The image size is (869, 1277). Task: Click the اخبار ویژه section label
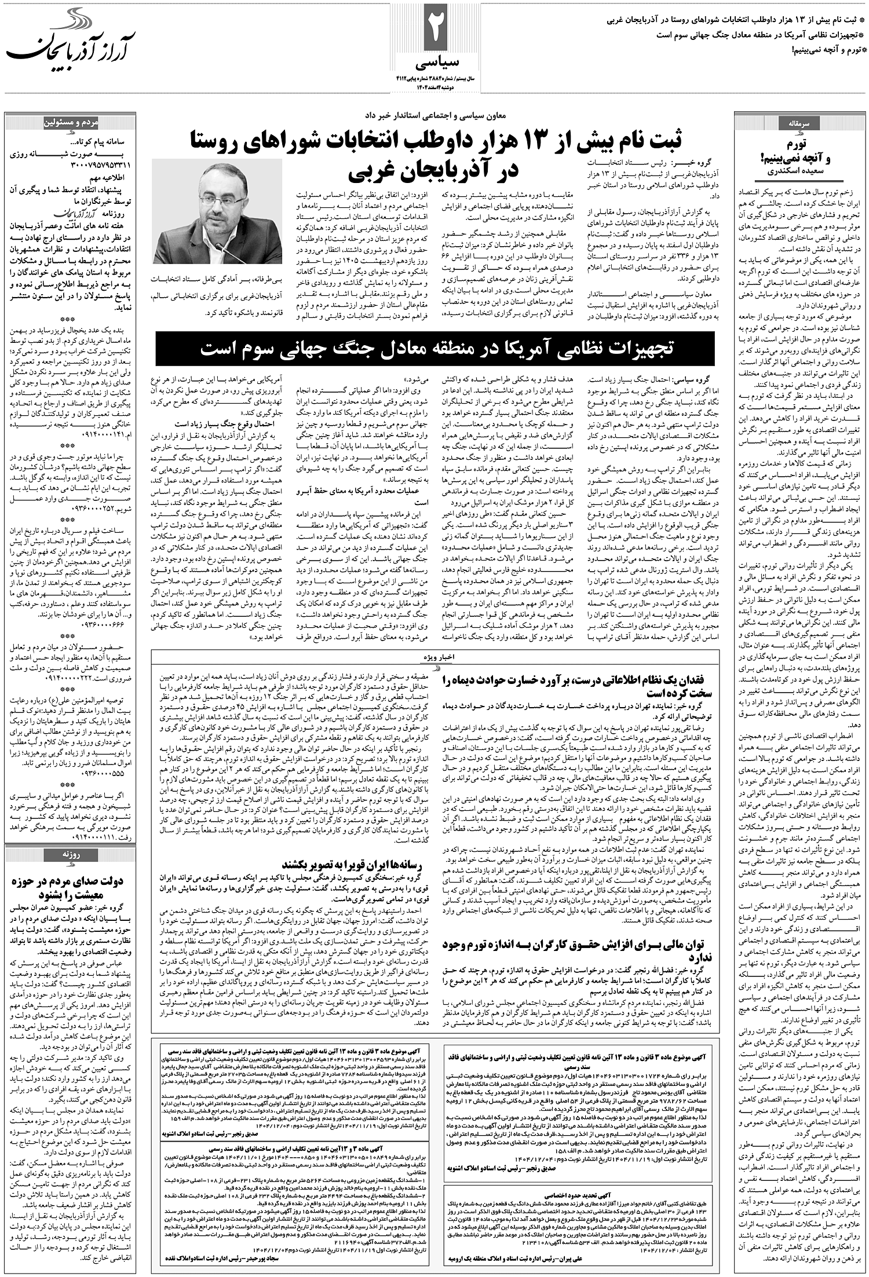click(435, 658)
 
